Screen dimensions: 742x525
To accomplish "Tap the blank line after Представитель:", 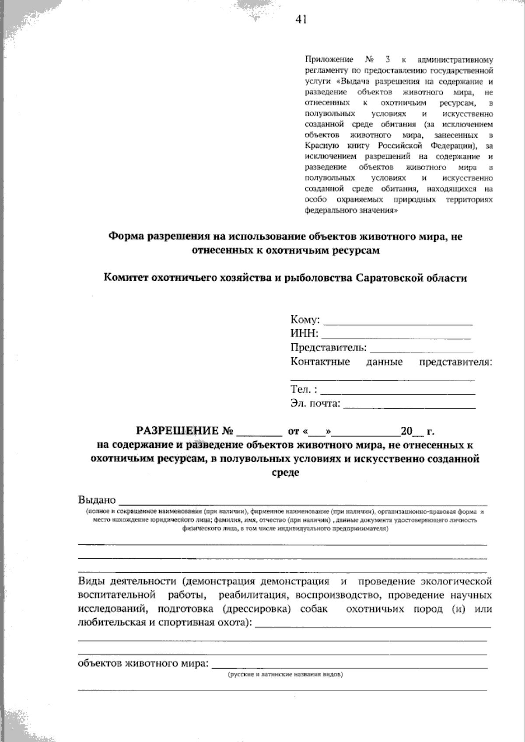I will pos(421,350).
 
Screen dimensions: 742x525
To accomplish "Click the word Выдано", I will pos(97,500).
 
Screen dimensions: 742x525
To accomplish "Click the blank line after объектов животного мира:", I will pos(350,666).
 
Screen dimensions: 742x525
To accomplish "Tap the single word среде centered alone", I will pos(285,473).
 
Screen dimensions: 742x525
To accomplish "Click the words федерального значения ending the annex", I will pos(351,210).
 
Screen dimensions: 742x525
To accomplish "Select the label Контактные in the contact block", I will pos(320,362).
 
